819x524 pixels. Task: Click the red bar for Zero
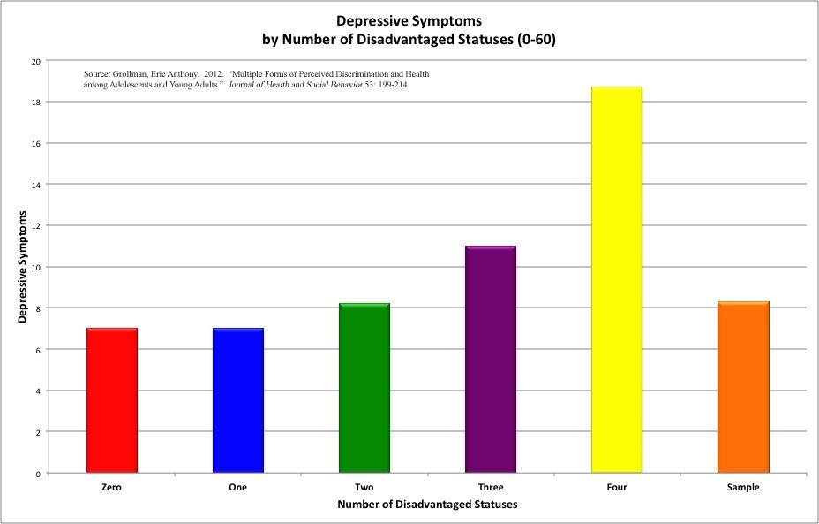pos(112,400)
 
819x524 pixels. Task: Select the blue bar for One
pos(238,400)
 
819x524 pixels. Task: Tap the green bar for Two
pos(364,388)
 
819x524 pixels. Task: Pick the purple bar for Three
pos(491,359)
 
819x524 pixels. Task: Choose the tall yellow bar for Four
pos(617,280)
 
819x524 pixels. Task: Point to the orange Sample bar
pos(743,387)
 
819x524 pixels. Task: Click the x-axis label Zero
pos(112,487)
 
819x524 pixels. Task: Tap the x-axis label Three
pos(491,487)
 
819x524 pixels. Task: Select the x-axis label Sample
pos(743,487)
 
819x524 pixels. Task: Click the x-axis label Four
pos(617,487)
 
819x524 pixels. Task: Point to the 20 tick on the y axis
pos(35,61)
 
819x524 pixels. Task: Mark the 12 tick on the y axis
pos(35,225)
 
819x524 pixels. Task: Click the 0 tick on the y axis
pos(38,474)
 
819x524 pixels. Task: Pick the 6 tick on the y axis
pos(38,350)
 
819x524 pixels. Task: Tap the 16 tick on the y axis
pos(35,143)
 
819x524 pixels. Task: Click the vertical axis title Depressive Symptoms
pos(22,267)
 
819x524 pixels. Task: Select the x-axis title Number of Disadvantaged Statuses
pos(427,505)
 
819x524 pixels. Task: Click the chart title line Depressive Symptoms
pos(409,20)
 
